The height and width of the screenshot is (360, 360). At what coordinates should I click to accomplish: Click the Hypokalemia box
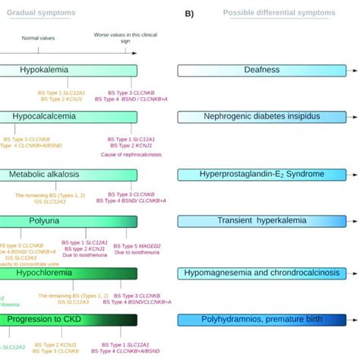click(68, 70)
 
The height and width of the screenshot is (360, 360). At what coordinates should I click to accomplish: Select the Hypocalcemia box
click(68, 117)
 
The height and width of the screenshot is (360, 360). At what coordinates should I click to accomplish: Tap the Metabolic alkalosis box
click(68, 174)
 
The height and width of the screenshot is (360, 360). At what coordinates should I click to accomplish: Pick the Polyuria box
click(68, 221)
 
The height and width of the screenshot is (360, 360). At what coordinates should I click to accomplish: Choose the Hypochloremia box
click(68, 273)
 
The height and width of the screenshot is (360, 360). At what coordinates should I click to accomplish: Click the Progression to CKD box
click(68, 320)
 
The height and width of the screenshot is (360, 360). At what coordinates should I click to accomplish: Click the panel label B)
click(191, 13)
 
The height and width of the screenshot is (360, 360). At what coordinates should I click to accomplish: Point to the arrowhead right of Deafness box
click(355, 70)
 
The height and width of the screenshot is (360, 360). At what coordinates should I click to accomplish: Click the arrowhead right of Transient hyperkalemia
click(355, 221)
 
